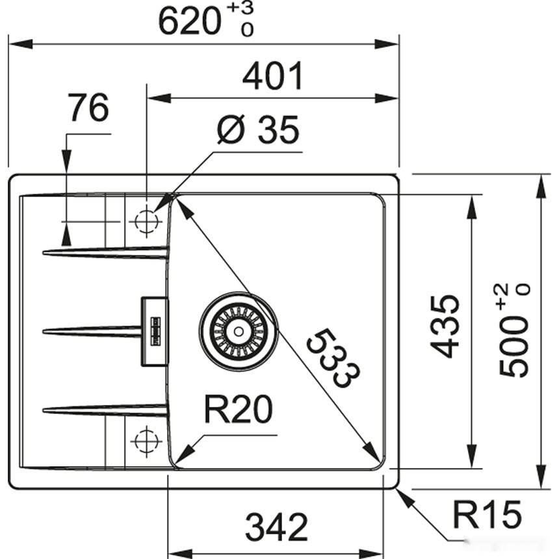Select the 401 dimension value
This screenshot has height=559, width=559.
pos(273,77)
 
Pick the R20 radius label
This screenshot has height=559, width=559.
pos(237,410)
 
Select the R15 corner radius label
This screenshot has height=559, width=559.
pos(487,515)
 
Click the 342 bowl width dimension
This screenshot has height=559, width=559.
pos(276,527)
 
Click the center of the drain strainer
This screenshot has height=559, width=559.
pos(239,331)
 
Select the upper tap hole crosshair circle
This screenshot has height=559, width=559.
pos(146,222)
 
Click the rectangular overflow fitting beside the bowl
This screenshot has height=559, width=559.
pos(155,331)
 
